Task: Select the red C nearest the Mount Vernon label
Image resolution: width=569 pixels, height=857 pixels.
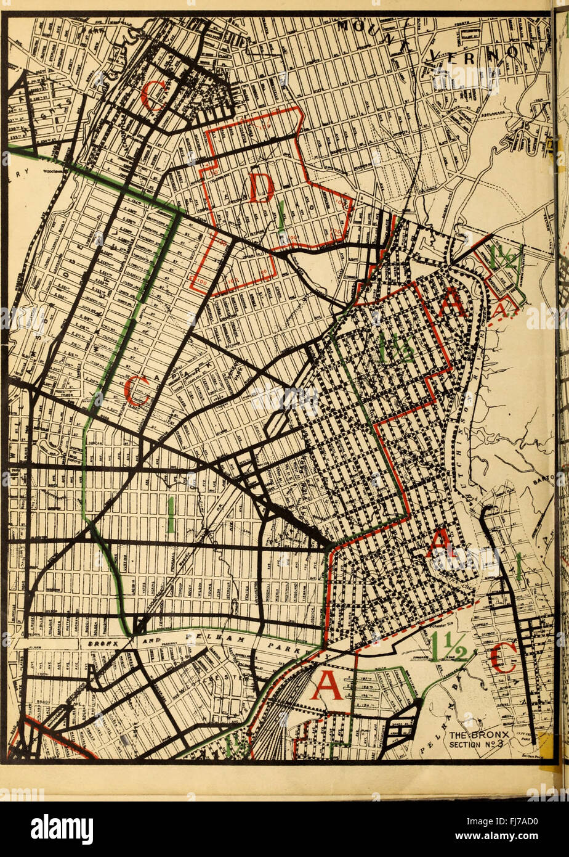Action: tap(152, 95)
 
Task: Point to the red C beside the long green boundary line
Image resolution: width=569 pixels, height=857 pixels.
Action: tap(136, 391)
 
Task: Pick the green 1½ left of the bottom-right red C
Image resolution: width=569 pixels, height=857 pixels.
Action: tap(449, 646)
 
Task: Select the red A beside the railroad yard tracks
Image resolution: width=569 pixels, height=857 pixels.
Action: tap(326, 685)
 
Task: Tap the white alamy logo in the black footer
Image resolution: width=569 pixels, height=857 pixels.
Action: tap(62, 829)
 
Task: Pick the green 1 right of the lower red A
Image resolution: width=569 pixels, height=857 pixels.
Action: tap(519, 567)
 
